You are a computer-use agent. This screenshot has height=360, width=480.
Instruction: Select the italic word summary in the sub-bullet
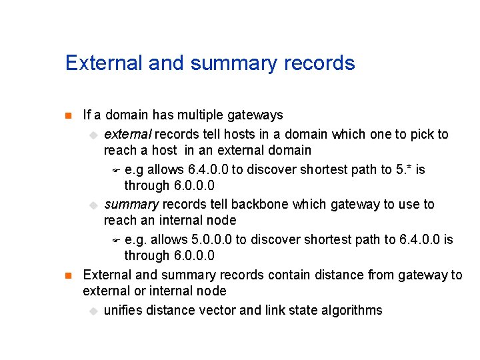click(131, 205)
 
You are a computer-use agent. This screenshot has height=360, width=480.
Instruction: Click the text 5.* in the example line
click(403, 169)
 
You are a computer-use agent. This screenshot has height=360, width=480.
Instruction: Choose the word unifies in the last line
click(123, 310)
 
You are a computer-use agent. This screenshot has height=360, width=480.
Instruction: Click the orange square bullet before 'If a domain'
click(67, 116)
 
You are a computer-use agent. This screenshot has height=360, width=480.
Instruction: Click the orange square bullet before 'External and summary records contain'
click(67, 275)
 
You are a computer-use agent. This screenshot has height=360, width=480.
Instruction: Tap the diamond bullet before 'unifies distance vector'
click(94, 311)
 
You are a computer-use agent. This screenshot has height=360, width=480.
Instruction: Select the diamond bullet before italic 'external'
click(94, 135)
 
